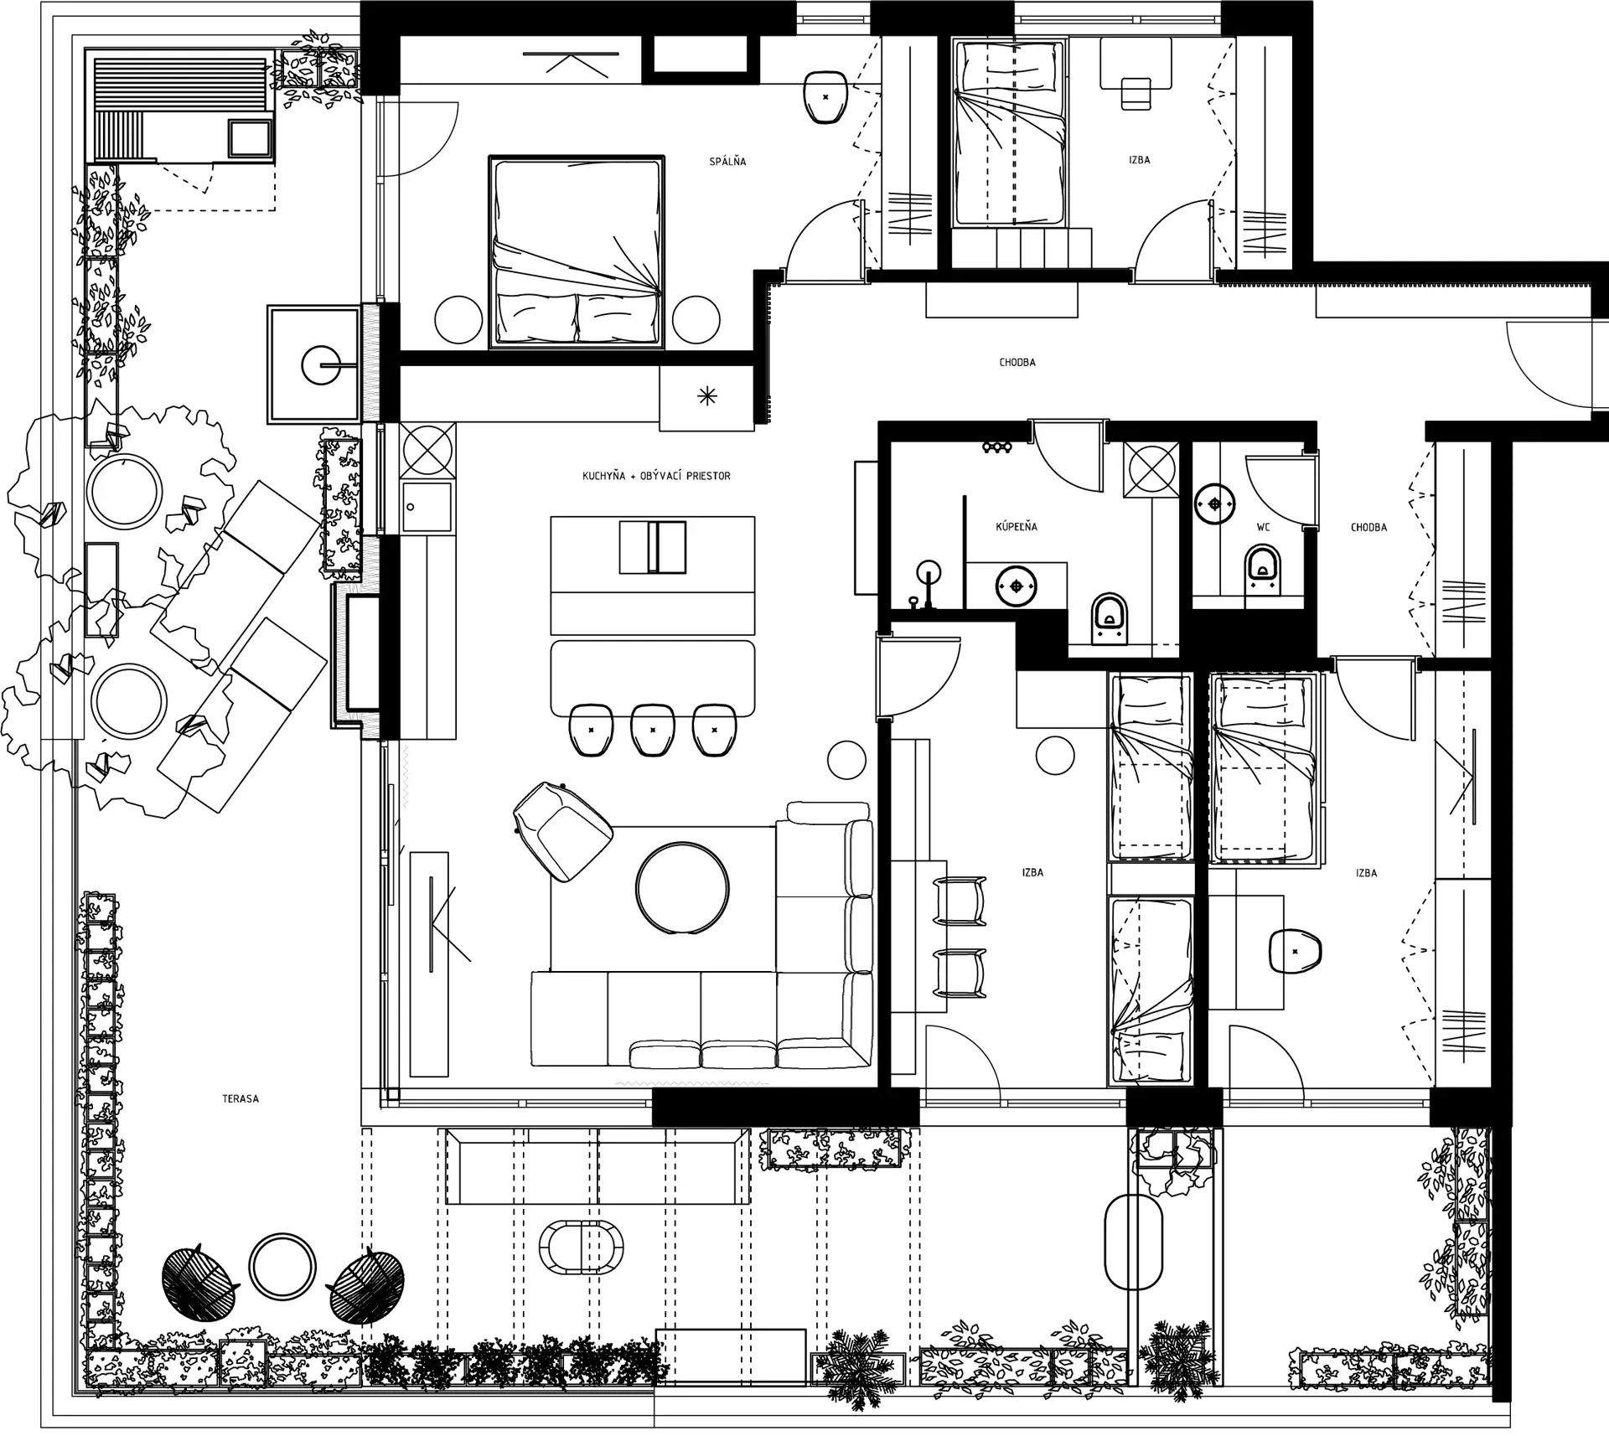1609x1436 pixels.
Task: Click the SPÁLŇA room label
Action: coord(727,161)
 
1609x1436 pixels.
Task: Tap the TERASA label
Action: coord(241,1098)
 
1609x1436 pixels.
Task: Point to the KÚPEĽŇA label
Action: coord(1017,527)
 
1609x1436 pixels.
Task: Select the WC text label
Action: coord(1263,528)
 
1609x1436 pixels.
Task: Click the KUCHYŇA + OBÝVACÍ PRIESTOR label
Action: coord(656,476)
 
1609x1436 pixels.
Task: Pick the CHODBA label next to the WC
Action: coord(1368,528)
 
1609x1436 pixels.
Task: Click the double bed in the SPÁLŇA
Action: coord(577,251)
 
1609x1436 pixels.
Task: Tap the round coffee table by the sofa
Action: coord(682,888)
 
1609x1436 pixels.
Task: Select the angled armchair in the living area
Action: coord(562,831)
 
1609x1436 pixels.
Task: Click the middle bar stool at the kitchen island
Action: coord(653,729)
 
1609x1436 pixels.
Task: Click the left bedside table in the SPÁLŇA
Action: coord(458,320)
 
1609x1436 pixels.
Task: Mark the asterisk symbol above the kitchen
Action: coord(707,396)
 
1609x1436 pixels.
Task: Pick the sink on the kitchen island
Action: coord(653,548)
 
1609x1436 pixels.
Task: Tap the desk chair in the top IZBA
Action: coord(1136,93)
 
